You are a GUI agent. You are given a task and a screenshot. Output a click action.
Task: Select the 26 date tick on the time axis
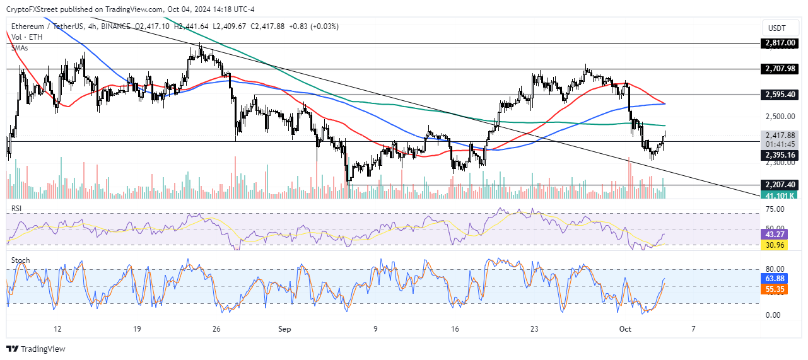tap(216, 329)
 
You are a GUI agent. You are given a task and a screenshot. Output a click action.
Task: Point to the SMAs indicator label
tap(20, 47)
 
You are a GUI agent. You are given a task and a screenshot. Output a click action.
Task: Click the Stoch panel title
tap(20, 260)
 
